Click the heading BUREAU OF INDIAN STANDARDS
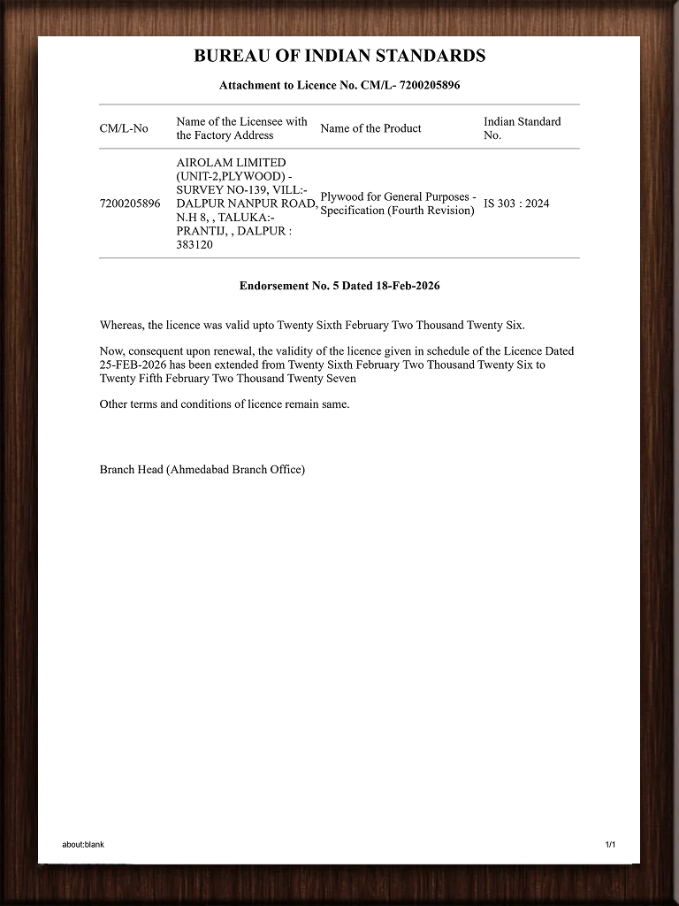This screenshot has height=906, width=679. tap(339, 56)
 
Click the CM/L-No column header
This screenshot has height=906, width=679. tap(124, 128)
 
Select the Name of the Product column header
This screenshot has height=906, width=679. tap(370, 128)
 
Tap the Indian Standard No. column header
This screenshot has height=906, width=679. tap(522, 128)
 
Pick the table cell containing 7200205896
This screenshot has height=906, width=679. tap(130, 203)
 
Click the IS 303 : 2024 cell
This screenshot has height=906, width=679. tap(516, 203)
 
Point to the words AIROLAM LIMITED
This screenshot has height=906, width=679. tap(231, 163)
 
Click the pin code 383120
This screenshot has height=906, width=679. tap(195, 245)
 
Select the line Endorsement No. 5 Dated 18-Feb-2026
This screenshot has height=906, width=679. tap(339, 286)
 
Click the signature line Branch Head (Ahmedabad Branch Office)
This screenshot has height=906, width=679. tap(202, 469)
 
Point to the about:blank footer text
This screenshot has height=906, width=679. tap(83, 844)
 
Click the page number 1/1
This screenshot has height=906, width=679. tap(610, 844)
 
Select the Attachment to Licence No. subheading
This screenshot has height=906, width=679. tap(339, 86)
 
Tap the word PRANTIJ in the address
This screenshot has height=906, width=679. tap(201, 231)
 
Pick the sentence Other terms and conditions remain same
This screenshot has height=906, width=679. tap(225, 404)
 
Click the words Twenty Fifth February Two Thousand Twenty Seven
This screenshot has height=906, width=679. tap(228, 379)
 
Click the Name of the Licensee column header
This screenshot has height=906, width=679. tap(241, 128)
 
